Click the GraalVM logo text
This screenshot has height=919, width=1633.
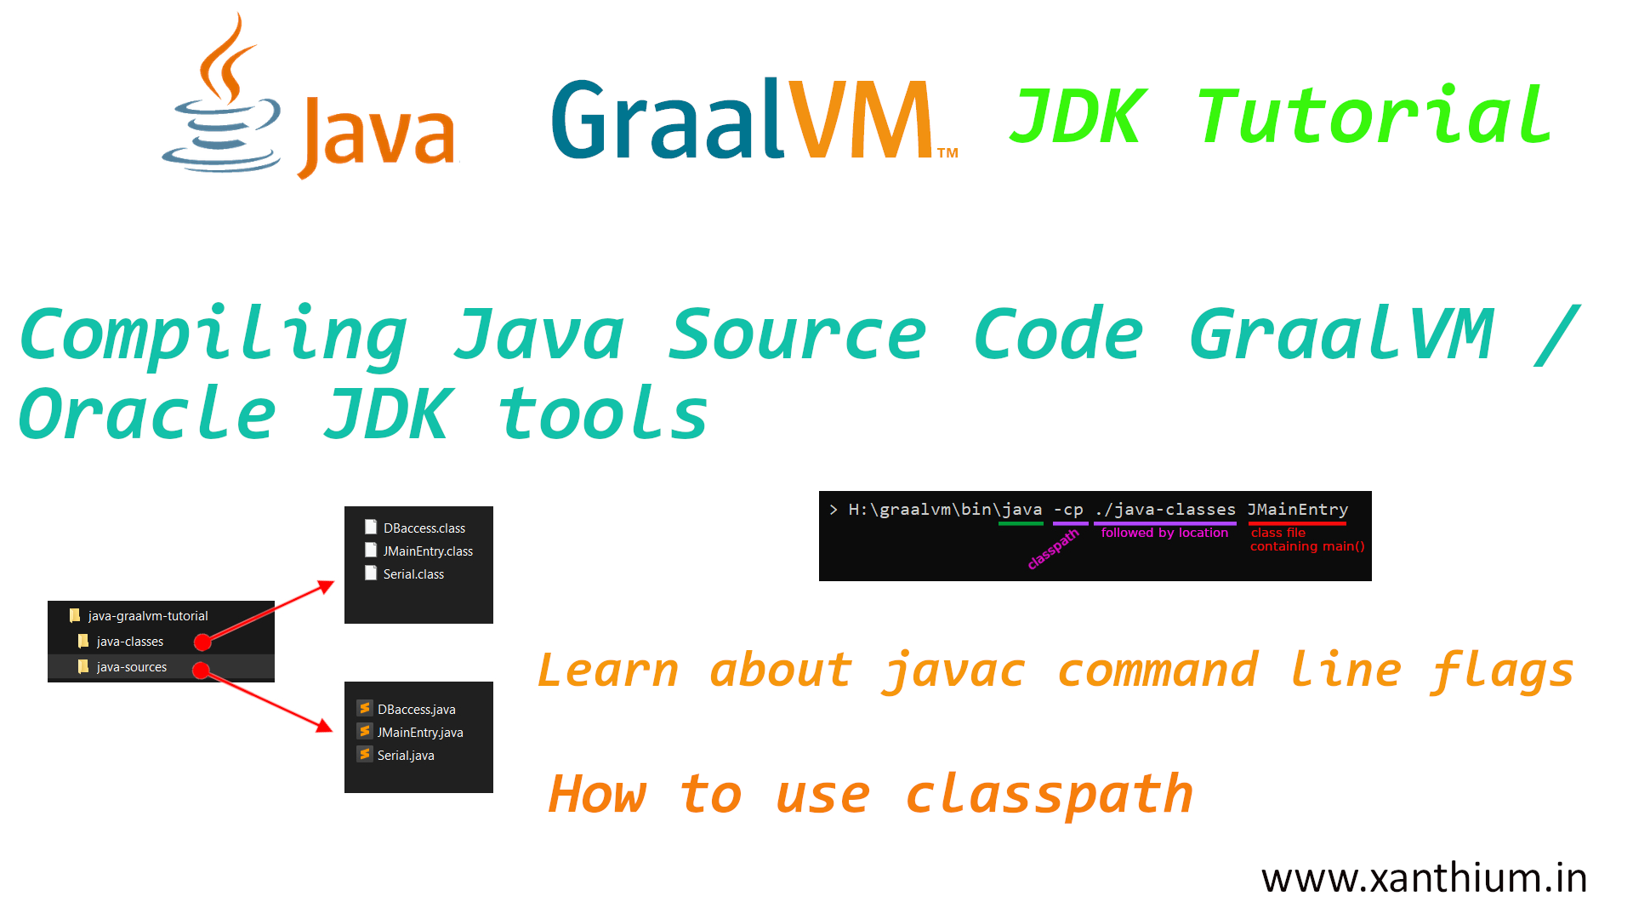pos(753,119)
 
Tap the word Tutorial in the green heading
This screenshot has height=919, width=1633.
pos(1374,117)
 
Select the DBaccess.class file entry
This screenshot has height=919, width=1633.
pos(424,528)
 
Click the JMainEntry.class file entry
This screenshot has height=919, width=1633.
pos(427,551)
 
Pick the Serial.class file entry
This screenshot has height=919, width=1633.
pos(413,574)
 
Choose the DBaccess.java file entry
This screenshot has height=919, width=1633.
pos(416,710)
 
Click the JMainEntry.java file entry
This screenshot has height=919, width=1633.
pos(419,733)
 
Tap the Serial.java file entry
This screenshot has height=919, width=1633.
pos(405,756)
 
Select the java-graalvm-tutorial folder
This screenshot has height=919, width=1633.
pos(147,616)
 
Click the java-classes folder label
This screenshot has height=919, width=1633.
pos(129,642)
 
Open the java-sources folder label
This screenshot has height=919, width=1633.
pos(131,667)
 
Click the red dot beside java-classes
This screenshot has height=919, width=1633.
pos(202,642)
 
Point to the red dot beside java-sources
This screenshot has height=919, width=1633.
pos(201,671)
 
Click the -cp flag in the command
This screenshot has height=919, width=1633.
pos(1068,510)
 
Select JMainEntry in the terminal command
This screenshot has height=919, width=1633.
pos(1297,510)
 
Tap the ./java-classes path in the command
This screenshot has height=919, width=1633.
pos(1165,510)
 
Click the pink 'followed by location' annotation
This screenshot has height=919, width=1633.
pos(1164,534)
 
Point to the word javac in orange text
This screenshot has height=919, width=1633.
pos(954,671)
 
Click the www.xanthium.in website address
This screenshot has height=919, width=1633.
pos(1424,878)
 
